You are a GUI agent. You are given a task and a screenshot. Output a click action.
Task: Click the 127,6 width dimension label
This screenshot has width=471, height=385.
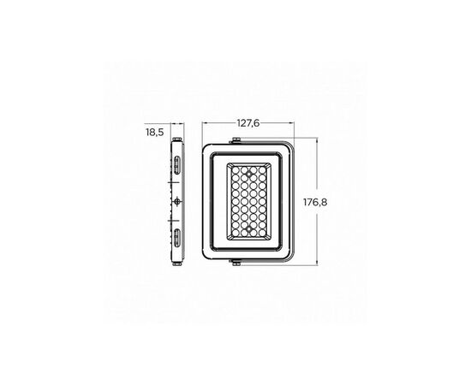[248, 123]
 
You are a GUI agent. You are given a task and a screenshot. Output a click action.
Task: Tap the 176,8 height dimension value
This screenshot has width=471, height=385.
[315, 202]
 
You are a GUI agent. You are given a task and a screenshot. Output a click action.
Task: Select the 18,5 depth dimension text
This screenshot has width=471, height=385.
[155, 132]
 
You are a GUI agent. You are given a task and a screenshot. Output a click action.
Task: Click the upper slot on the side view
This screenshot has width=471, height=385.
[176, 165]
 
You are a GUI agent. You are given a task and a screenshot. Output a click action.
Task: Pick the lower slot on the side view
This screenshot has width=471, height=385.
[176, 238]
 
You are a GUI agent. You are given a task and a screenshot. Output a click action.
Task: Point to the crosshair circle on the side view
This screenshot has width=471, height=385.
[177, 201]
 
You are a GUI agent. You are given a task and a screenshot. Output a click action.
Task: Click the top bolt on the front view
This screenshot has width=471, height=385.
[236, 140]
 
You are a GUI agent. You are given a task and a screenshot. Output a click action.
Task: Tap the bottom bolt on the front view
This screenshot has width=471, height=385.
[236, 263]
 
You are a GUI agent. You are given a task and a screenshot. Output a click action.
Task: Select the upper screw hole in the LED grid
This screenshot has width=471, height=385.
[248, 174]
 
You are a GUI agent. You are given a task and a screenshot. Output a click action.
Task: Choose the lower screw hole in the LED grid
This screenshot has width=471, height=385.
[248, 229]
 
